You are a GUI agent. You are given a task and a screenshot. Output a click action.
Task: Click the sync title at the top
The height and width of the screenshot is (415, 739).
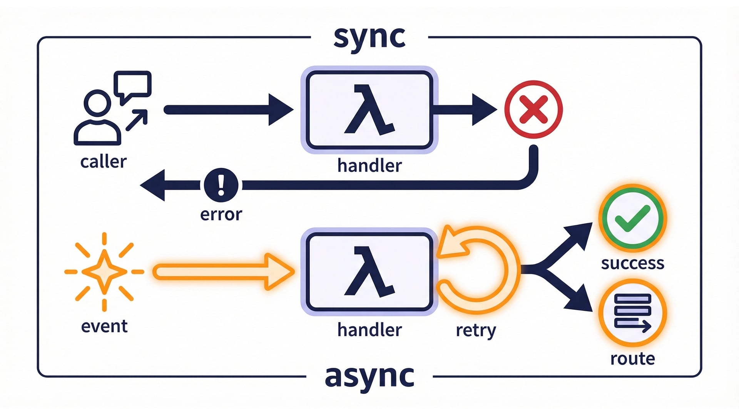369,37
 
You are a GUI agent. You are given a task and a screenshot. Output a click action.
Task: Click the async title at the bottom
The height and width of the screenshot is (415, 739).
369,376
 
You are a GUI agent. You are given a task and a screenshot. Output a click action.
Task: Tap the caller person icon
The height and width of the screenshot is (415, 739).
97,119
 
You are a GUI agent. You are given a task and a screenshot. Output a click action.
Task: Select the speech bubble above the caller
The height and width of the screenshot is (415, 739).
133,85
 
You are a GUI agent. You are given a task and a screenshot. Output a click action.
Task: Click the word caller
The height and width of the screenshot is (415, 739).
103,162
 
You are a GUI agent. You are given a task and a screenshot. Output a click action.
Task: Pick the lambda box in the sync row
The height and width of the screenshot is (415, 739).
369,110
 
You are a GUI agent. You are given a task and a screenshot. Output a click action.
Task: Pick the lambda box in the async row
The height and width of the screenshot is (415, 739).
369,272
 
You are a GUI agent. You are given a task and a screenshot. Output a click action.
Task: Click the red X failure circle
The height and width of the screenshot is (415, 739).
533,110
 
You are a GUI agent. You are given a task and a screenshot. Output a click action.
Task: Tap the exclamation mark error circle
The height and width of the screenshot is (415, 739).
221,185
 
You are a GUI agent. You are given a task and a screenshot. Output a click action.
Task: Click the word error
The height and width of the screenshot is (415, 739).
221,214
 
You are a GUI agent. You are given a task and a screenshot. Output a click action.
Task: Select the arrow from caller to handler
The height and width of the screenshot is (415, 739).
227,110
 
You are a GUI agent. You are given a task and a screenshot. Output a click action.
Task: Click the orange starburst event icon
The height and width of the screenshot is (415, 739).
104,272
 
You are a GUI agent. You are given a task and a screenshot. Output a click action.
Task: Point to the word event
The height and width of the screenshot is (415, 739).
104,326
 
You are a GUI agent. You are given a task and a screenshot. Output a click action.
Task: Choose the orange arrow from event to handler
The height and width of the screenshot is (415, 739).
223,272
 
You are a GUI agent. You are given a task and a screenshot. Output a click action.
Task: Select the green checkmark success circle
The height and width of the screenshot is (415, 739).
632,218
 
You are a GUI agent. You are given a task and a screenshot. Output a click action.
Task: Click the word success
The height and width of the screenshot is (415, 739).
632,264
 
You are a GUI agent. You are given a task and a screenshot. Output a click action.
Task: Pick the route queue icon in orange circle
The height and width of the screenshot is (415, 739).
632,313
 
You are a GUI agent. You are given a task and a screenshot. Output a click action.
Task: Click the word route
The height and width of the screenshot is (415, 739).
632,359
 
